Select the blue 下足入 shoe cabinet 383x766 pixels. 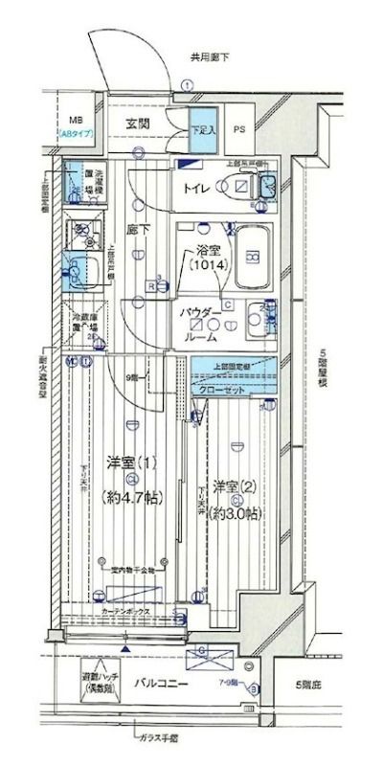pyautogui.click(x=202, y=132)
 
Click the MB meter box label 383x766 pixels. pyautogui.click(x=74, y=121)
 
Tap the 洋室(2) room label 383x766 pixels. pyautogui.click(x=234, y=484)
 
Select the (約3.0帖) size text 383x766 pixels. pyautogui.click(x=235, y=513)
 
